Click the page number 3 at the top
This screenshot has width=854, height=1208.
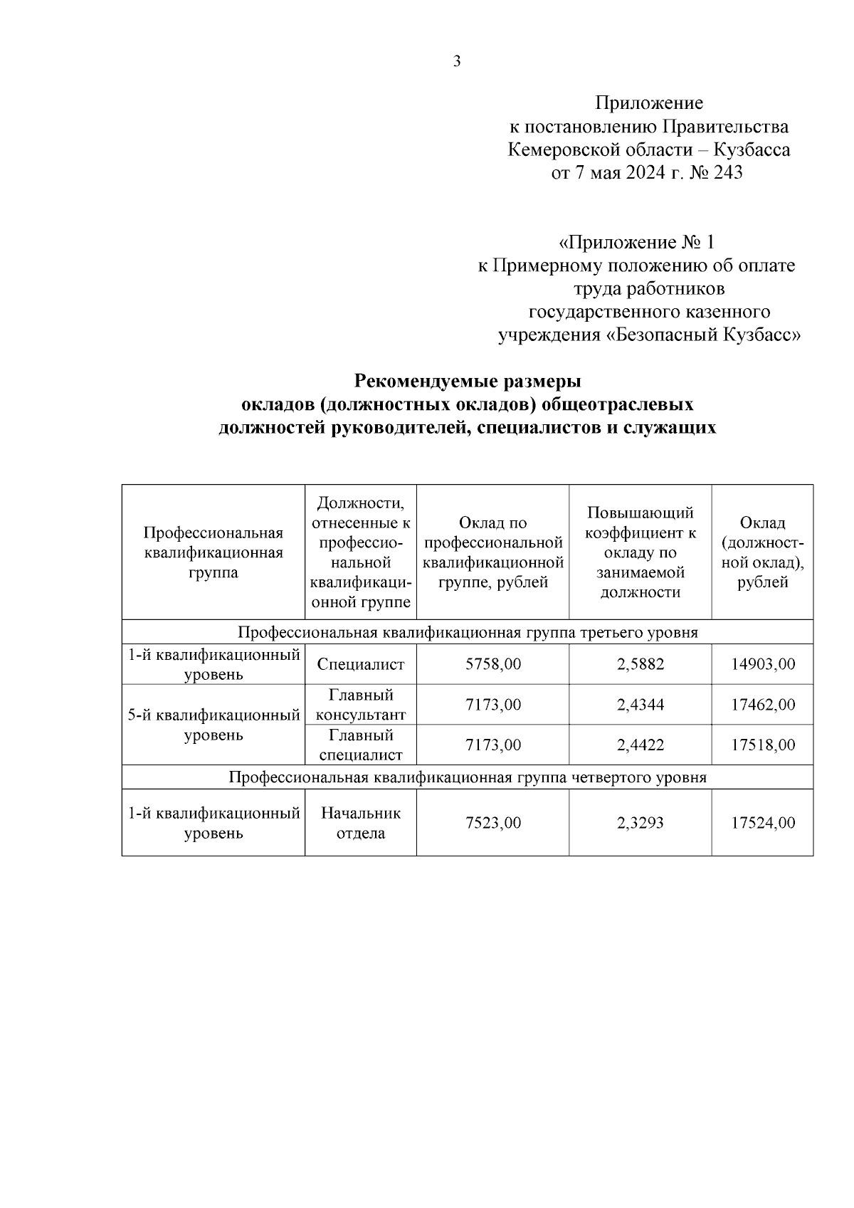pos(457,61)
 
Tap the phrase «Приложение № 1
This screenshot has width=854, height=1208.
pos(636,242)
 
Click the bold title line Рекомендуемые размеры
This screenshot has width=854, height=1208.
pos(468,381)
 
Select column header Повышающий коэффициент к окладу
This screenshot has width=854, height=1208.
pos(640,552)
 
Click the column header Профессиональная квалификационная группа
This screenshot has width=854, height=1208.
pos(213,552)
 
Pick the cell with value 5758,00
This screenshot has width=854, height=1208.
pos(492,664)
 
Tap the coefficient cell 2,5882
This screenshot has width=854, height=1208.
pos(640,664)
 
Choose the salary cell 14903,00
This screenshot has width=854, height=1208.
pos(763,664)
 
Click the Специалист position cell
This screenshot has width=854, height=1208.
pos(361,664)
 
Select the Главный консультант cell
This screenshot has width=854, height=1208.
pos(361,704)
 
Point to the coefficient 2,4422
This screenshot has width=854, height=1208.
pos(640,745)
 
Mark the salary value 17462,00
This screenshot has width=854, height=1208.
pos(763,705)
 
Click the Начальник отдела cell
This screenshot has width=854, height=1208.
pos(361,822)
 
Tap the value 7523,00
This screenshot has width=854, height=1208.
pos(492,823)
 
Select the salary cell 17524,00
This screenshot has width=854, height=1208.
pos(763,823)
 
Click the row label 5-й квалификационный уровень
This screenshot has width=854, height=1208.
pos(213,725)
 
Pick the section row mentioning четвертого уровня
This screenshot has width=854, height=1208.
pos(468,777)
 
